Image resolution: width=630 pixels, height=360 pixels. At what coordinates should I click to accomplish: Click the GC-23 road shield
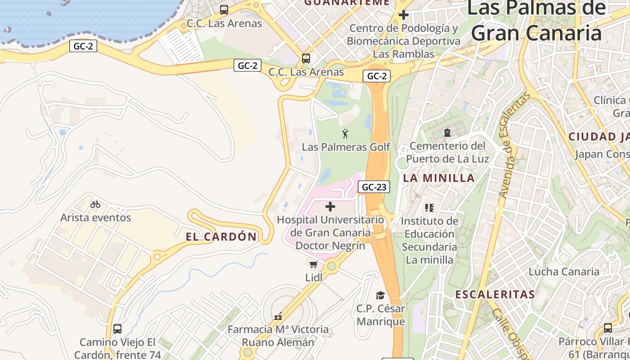pos(374,187)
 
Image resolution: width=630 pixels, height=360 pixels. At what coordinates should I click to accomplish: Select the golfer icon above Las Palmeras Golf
pos(345,134)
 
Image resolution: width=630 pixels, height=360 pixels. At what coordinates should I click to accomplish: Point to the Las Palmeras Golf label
pos(346,147)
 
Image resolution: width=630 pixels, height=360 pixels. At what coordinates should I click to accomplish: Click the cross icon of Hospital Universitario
pos(330,207)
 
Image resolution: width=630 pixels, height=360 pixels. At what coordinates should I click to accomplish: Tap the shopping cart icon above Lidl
pos(314,264)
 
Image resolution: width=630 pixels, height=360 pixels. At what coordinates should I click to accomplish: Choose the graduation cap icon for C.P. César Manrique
pos(381,295)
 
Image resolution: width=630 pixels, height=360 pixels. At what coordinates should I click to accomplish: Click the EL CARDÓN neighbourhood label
pos(221,237)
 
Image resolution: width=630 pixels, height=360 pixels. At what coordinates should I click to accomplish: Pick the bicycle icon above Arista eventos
pos(95,204)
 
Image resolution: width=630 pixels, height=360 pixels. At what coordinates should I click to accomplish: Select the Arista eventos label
pos(96,218)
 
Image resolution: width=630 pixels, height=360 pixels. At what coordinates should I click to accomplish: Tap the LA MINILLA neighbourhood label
pos(439,178)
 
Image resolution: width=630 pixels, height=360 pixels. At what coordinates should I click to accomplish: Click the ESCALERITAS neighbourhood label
pos(495,295)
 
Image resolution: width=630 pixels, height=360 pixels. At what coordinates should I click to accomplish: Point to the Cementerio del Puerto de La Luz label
pos(447,152)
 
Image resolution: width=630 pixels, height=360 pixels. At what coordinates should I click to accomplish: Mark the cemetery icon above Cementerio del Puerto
pos(447,133)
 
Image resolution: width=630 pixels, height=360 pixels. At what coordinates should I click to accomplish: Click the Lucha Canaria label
pos(564,272)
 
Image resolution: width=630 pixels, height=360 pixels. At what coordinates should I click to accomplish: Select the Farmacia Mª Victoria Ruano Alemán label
pos(278,336)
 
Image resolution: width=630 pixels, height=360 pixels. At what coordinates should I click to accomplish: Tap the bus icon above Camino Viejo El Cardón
pos(117,328)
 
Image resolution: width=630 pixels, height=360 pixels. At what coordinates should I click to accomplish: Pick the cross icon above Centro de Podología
pos(404,15)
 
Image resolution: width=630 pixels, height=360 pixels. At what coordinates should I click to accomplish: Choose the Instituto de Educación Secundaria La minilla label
pos(429,240)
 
